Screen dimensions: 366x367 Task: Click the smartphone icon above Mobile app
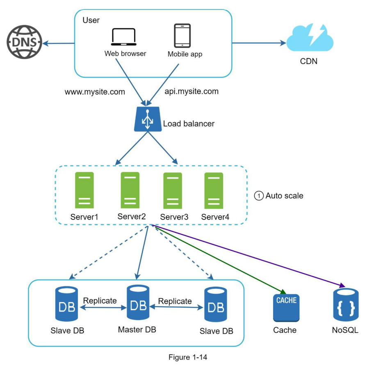point(182,36)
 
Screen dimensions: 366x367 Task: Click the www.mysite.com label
point(95,92)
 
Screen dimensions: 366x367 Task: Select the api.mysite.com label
point(191,92)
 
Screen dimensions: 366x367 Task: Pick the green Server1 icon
point(84,190)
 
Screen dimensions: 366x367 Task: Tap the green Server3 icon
point(173,190)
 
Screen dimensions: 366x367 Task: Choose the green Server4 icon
point(214,190)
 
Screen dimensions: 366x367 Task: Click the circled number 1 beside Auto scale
point(259,196)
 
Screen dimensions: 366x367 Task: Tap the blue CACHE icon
point(285,307)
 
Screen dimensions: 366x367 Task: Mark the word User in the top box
point(91,20)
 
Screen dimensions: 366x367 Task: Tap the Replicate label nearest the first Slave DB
point(100,300)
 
